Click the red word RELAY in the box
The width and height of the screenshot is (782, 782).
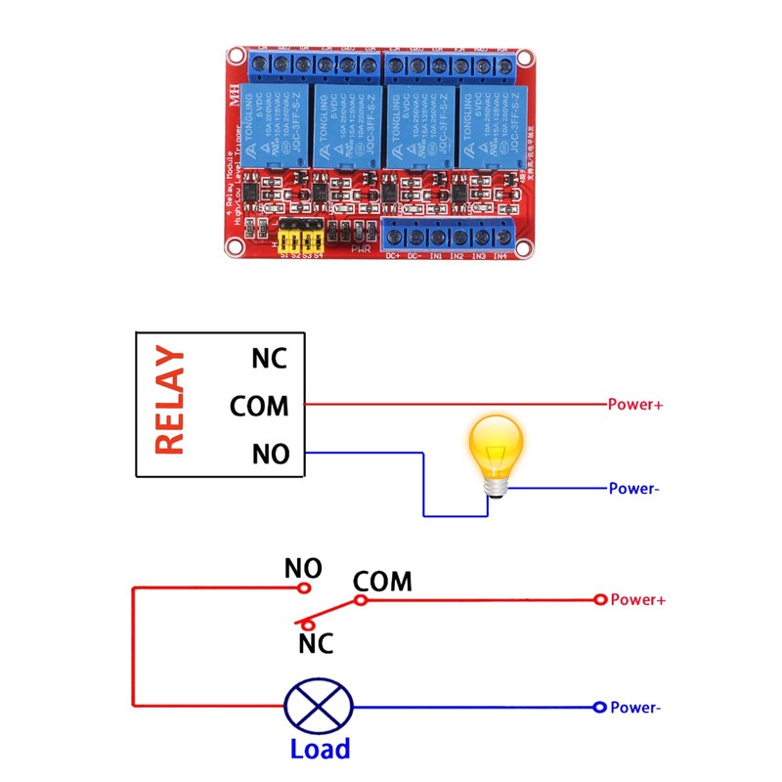point(170,402)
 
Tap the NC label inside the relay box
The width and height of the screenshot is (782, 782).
point(269,358)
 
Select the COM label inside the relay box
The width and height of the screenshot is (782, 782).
point(259,405)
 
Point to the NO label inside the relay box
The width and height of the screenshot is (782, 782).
point(270,455)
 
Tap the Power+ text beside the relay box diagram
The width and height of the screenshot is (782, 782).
point(635,404)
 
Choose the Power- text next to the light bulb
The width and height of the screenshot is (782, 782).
point(634,489)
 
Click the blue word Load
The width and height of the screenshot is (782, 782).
point(320,749)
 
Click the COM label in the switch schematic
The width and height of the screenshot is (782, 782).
point(382,582)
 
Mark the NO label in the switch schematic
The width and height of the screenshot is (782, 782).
point(303,568)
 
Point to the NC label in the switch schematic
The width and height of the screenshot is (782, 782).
point(316,643)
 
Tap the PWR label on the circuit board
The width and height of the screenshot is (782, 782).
point(361,250)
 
